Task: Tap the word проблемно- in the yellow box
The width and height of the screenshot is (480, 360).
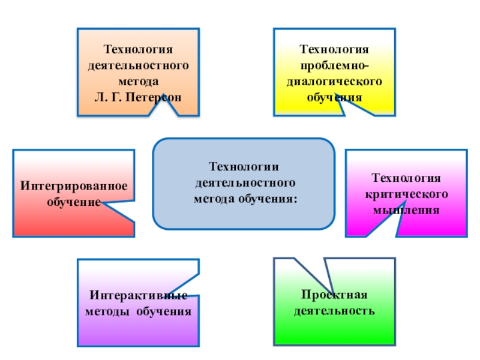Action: [335, 64]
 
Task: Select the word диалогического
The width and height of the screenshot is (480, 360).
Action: [335, 80]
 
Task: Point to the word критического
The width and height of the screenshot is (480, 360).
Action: [407, 194]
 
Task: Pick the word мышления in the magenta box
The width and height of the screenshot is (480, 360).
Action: [407, 210]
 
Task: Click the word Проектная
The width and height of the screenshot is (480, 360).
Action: [334, 295]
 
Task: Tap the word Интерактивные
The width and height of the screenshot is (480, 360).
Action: [138, 295]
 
